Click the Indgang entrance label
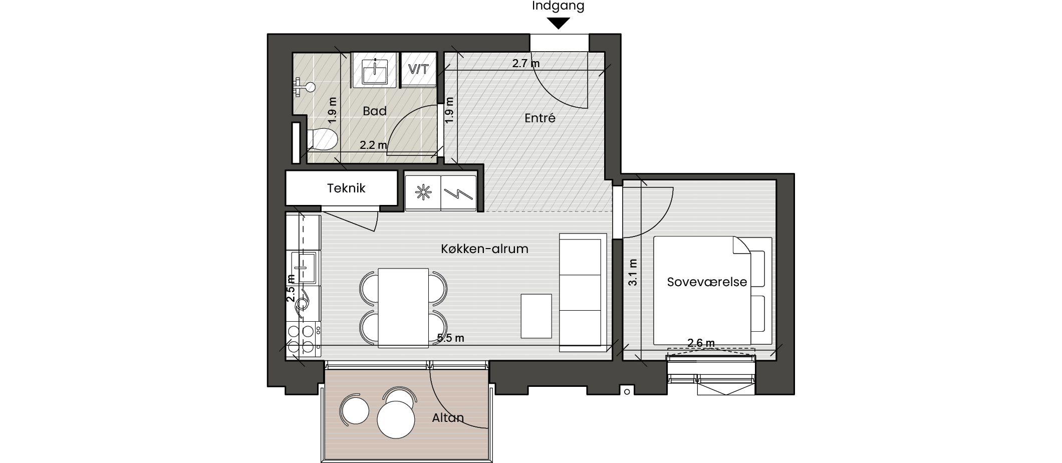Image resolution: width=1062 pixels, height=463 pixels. (x=558, y=7)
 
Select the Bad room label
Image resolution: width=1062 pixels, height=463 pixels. (x=375, y=111)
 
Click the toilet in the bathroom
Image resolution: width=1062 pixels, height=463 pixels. (x=322, y=139)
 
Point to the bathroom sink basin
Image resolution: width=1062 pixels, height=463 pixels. (x=375, y=71)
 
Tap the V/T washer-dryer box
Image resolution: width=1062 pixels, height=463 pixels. (x=419, y=69)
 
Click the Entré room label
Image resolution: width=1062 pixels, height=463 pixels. (x=540, y=118)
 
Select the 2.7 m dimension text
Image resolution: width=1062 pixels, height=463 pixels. (x=526, y=64)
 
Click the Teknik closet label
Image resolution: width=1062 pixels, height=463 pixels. (x=346, y=188)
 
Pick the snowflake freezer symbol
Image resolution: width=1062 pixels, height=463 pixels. (x=423, y=193)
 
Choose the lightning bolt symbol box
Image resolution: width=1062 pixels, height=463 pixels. (x=458, y=193)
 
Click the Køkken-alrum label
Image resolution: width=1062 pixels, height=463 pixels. (x=485, y=249)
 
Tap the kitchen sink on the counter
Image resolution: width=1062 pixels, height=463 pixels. (x=303, y=268)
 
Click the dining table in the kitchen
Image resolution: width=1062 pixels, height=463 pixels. (x=403, y=308)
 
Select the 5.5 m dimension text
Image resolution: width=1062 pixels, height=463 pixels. (x=450, y=338)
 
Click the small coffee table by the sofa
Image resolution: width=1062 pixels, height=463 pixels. (x=536, y=316)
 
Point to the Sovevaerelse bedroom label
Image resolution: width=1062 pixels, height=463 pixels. (x=707, y=282)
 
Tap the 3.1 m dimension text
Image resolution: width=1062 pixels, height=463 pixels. (x=633, y=273)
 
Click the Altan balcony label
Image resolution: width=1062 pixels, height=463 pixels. (x=448, y=418)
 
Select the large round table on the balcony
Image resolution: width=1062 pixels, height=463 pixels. (x=396, y=420)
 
